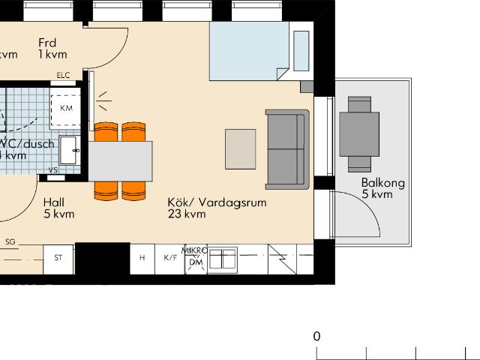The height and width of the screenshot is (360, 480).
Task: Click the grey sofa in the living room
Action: point(287,148)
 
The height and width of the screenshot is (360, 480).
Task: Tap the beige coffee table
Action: point(241,148)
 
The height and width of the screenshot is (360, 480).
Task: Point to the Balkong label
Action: point(382,183)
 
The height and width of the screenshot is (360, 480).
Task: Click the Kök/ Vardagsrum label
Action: point(217,202)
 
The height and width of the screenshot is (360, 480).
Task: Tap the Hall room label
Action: point(53,202)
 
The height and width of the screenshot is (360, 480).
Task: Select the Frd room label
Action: point(47,43)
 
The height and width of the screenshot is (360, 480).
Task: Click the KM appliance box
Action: point(67,109)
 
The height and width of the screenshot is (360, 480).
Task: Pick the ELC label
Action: point(63,75)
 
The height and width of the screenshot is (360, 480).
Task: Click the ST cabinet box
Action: point(58,258)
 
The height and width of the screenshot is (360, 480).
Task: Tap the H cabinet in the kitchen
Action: point(142,258)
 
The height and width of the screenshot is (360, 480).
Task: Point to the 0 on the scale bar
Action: point(317,336)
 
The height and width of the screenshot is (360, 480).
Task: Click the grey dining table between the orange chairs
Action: point(121,160)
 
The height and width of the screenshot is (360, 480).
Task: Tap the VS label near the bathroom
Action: point(52,170)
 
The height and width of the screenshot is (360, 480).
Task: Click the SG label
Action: point(10,241)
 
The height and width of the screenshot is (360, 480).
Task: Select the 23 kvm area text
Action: point(187,214)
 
